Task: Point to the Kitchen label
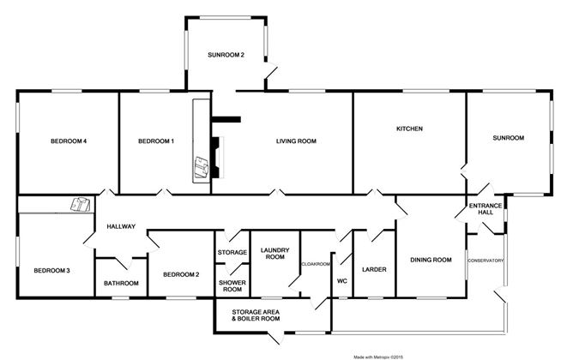tap(410, 129)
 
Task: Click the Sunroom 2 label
tap(226, 55)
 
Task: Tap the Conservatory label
tap(486, 261)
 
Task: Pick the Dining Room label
tap(431, 260)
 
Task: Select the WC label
tap(341, 279)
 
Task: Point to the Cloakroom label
tap(316, 265)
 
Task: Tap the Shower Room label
tap(231, 285)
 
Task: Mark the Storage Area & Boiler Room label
tap(256, 315)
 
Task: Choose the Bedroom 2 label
tap(182, 274)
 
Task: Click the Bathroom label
tap(121, 283)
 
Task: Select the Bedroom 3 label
tap(51, 271)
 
